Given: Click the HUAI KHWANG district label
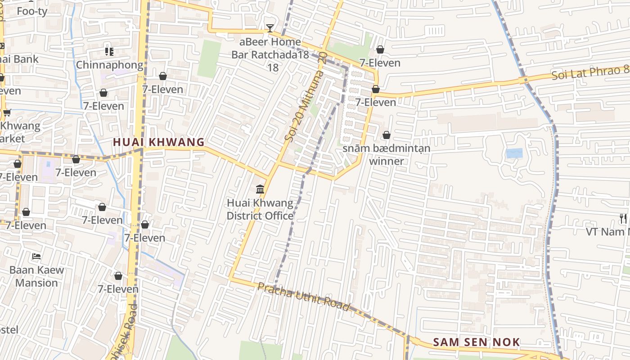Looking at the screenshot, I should [x=158, y=142].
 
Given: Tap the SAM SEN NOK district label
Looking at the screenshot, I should [x=476, y=342].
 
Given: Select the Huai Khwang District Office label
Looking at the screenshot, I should [x=260, y=209].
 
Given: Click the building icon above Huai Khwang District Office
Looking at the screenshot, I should [x=260, y=189].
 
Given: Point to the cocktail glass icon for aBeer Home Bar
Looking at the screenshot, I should [x=270, y=28].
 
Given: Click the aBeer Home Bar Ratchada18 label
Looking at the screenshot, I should [x=270, y=49].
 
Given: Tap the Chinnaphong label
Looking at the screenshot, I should [x=109, y=65].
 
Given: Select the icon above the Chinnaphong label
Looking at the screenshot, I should [x=109, y=52].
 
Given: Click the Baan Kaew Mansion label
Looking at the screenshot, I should [x=37, y=276].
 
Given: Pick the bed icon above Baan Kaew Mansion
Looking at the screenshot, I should [x=36, y=256].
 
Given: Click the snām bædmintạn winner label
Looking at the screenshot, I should [x=386, y=154].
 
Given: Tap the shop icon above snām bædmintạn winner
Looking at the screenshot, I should [x=386, y=135].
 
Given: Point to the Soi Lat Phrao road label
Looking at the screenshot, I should [x=589, y=72].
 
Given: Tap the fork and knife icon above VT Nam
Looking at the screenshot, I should [x=623, y=219].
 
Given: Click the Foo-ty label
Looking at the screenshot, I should [x=32, y=11].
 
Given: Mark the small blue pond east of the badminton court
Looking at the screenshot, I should [x=514, y=153].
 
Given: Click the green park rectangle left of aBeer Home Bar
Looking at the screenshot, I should [x=209, y=59].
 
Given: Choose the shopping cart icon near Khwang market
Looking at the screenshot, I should [x=6, y=112].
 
